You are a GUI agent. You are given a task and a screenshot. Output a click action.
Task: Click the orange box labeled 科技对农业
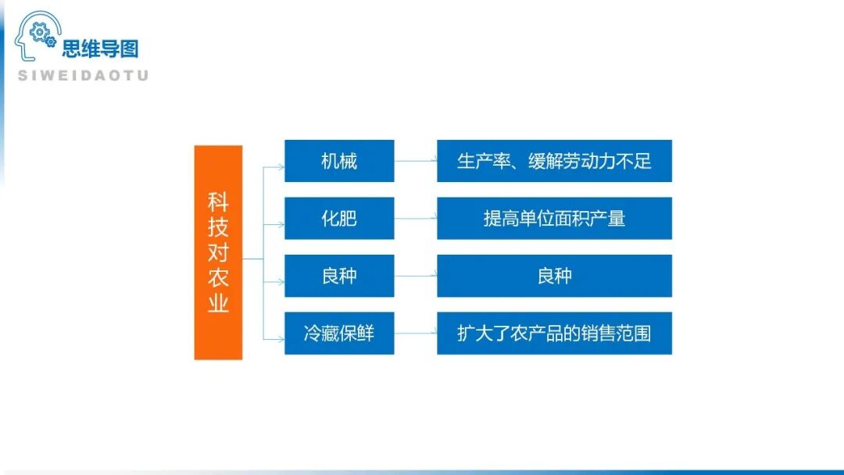[x=218, y=252]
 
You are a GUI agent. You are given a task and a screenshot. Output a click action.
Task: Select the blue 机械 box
[x=339, y=161]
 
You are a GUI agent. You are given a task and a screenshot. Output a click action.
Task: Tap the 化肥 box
[x=339, y=218]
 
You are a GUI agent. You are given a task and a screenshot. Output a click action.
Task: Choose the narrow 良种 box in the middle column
[x=339, y=276]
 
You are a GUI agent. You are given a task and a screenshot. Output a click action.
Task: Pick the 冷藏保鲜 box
[x=339, y=333]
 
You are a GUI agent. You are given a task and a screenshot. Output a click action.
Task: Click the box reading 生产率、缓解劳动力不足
[x=554, y=161]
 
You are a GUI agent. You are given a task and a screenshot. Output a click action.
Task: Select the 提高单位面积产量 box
[x=554, y=218]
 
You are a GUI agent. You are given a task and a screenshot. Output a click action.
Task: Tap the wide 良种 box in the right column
[x=554, y=276]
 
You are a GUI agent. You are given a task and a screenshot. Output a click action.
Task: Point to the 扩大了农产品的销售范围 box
[x=554, y=333]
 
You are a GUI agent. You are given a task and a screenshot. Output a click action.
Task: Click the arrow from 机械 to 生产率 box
[x=415, y=161]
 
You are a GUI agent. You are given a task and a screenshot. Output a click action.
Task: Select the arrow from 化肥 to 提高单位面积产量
[x=415, y=219]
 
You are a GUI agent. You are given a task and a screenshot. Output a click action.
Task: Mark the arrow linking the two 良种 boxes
[x=415, y=276]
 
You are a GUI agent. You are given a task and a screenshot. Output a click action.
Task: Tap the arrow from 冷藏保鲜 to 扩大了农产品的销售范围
[x=415, y=334]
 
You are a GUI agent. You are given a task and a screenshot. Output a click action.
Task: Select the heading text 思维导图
[x=100, y=49]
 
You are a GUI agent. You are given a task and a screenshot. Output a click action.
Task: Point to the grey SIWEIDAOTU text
[x=83, y=76]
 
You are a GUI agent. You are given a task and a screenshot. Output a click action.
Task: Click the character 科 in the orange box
[x=218, y=202]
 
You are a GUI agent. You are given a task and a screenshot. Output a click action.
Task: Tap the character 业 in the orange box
[x=218, y=302]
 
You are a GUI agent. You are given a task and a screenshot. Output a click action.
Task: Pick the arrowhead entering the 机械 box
[x=281, y=166]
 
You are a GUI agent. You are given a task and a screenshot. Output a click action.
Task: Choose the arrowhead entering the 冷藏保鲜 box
[x=281, y=338]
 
